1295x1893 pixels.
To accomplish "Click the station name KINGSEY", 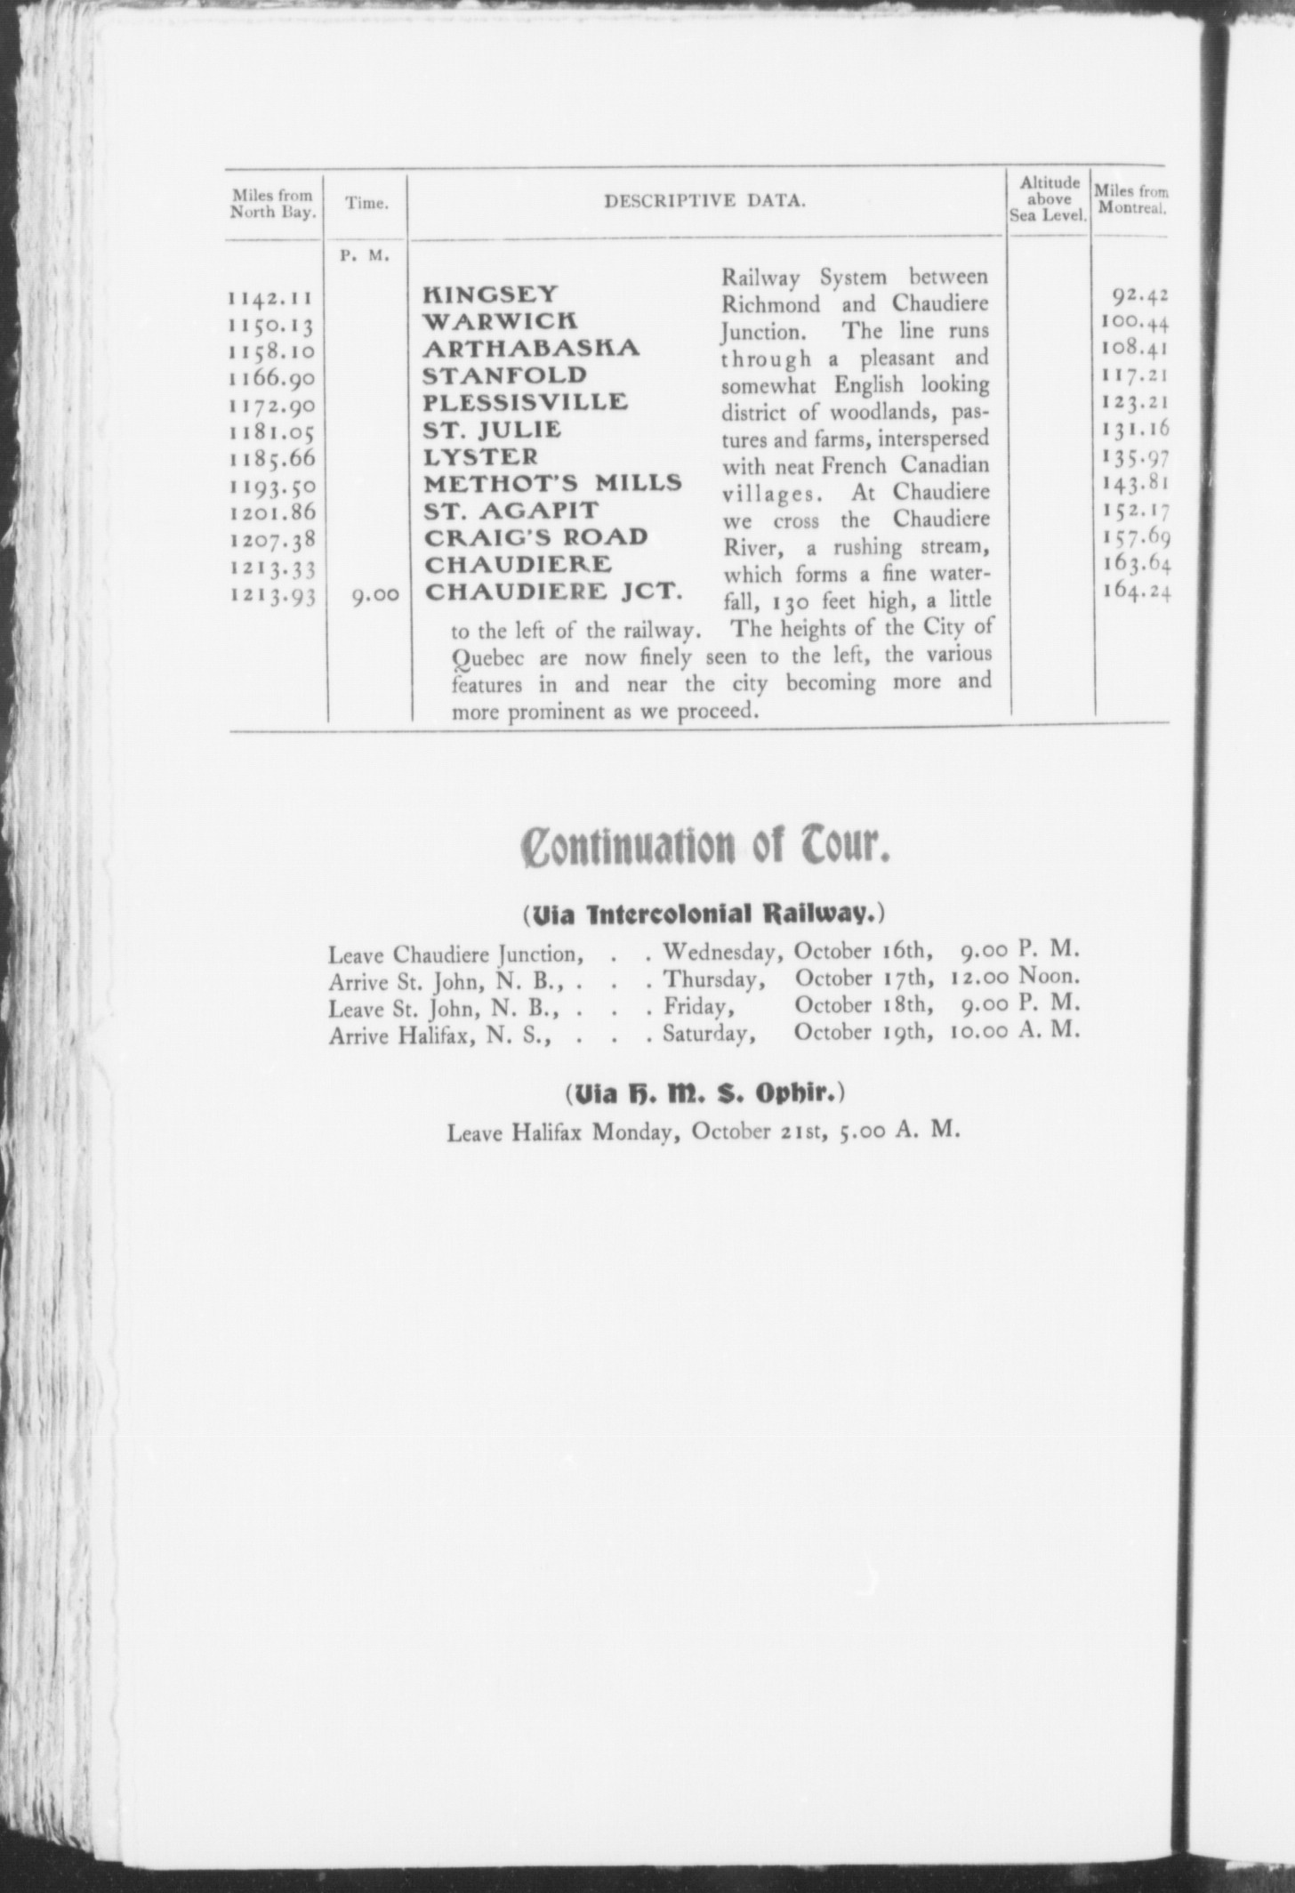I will (x=490, y=294).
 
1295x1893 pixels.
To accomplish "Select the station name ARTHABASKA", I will (x=531, y=348).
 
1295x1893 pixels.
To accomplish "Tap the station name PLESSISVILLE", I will (x=526, y=402).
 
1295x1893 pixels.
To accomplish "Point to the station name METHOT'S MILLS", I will (x=552, y=484).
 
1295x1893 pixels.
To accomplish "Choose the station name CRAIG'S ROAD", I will (x=535, y=537).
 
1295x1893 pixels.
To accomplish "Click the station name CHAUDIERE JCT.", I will (x=552, y=592).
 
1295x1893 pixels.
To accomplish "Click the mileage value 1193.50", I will (x=274, y=487).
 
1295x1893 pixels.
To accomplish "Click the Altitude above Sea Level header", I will (x=1050, y=199).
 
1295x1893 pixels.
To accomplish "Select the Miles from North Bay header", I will (x=273, y=203).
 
